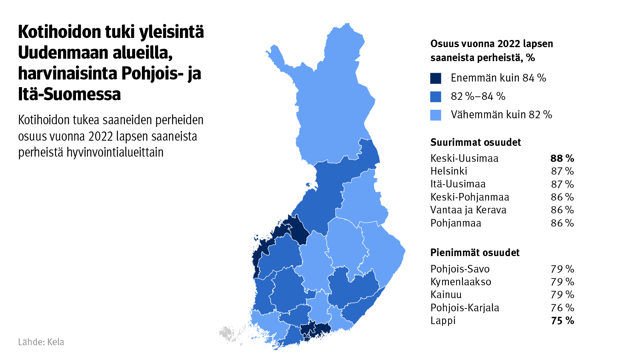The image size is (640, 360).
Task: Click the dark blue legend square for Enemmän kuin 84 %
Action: [435, 78]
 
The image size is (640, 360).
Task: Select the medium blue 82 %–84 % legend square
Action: [435, 97]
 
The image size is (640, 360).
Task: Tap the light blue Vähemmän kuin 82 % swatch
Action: [435, 115]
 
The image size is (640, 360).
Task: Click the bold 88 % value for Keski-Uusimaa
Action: [562, 159]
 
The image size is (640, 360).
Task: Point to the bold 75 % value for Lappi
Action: [562, 321]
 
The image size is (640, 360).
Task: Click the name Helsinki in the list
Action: [449, 171]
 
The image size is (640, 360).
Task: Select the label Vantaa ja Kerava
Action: [468, 210]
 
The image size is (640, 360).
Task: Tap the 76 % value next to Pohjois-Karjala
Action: [562, 308]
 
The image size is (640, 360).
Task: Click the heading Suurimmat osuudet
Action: [475, 143]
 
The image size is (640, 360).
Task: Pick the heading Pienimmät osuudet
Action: [475, 253]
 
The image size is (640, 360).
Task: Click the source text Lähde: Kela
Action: [41, 342]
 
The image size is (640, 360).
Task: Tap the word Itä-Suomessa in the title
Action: [69, 94]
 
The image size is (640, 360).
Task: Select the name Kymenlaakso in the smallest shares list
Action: [461, 282]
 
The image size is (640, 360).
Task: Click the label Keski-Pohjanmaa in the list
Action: [470, 197]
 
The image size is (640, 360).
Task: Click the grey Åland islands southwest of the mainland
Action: [228, 334]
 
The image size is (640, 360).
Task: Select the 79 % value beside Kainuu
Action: [562, 295]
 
